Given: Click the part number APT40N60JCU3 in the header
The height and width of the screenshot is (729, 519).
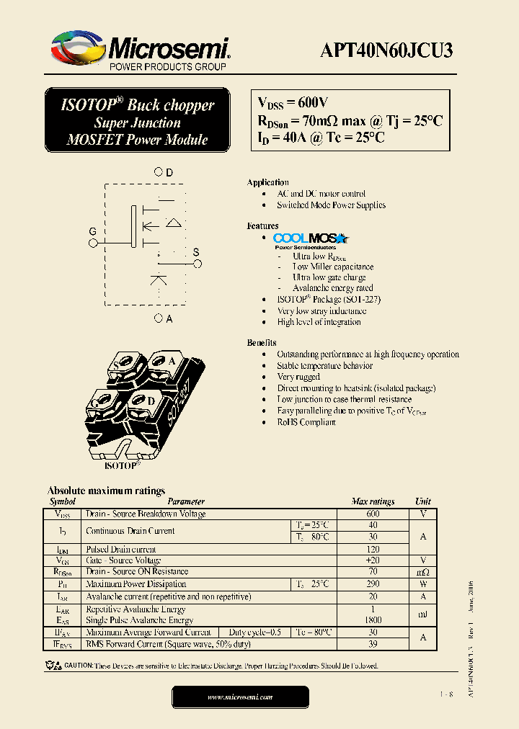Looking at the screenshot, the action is click(x=386, y=50).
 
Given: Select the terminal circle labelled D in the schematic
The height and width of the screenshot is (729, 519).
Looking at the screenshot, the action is click(x=159, y=173).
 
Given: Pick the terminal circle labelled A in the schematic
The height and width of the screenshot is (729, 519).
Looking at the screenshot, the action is click(x=159, y=318).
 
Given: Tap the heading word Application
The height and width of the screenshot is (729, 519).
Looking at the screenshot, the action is click(x=267, y=182).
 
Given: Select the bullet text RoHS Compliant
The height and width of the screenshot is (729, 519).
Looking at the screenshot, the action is click(x=306, y=422).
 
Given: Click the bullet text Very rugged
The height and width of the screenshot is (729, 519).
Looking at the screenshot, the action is click(x=298, y=377).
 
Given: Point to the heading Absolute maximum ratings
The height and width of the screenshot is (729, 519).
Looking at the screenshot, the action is click(x=106, y=491).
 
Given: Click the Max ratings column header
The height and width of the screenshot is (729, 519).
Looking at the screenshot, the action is click(x=373, y=501).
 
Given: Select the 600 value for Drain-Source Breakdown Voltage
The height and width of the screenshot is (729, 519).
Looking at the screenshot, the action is click(x=373, y=514).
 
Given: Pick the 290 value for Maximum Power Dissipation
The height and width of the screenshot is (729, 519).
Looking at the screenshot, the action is click(x=373, y=584).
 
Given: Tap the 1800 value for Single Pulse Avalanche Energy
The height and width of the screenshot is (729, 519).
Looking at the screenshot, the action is click(x=373, y=620).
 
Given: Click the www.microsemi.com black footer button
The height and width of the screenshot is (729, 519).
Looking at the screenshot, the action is click(x=240, y=697).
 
